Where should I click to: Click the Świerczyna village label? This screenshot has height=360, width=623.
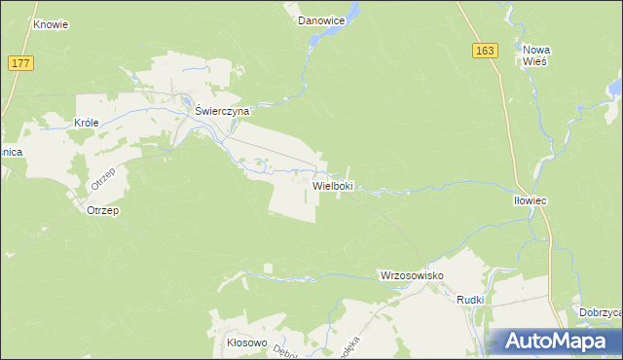click(223, 111)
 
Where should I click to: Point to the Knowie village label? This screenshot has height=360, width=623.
click(51, 24)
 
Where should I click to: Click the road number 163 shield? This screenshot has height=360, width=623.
click(486, 51)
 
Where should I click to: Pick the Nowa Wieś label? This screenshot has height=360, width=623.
click(536, 54)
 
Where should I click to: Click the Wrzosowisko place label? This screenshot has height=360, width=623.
click(411, 276)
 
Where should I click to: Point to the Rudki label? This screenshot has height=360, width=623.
click(470, 300)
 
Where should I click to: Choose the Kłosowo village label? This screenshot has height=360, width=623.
click(246, 342)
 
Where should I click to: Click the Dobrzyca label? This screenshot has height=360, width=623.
click(601, 312)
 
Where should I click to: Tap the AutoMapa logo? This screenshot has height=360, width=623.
click(554, 342)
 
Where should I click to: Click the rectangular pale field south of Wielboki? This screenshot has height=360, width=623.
click(292, 199)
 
